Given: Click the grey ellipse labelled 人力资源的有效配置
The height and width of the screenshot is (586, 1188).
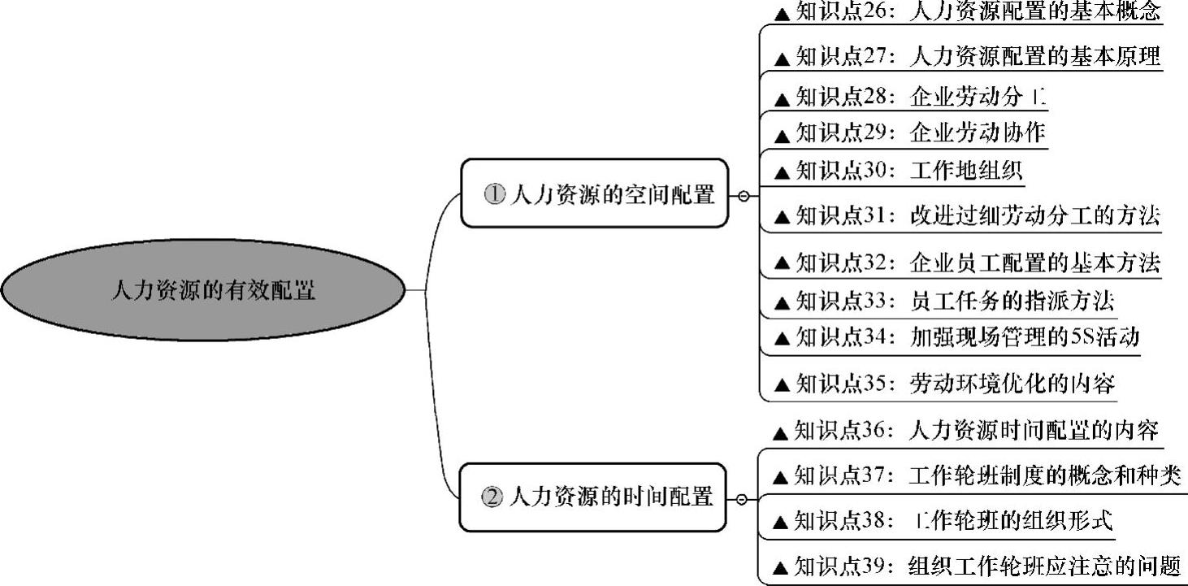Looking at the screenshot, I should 202,290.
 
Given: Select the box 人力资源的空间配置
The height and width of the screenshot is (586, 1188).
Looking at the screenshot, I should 595,193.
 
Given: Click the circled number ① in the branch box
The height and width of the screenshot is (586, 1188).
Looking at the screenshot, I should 494,194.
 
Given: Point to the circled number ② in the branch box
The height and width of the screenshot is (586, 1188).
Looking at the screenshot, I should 492,497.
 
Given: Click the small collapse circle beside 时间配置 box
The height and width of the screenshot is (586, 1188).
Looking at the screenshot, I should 741,499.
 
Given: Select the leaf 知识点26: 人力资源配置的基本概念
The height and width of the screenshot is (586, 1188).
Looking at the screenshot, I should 967,12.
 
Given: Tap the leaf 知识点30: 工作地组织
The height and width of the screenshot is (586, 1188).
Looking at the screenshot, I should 897,171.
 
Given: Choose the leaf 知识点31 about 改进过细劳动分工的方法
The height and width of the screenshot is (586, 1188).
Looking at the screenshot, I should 967,216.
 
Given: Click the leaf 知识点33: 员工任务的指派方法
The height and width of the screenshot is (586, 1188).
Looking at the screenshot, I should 943,302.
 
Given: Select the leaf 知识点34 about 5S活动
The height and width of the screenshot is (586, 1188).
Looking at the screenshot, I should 956,337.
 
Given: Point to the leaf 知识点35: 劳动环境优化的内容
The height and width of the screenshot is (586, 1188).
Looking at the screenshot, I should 943,384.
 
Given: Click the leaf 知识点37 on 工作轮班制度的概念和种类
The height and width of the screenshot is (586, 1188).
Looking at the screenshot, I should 975,475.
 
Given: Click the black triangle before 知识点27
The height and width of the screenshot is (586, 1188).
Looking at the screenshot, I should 783,59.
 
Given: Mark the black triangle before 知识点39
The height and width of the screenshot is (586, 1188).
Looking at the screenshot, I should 780,567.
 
